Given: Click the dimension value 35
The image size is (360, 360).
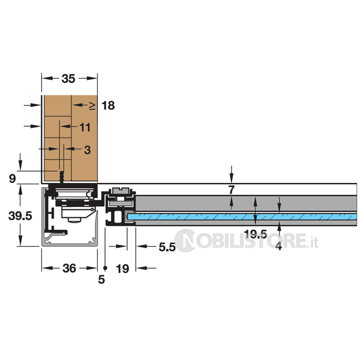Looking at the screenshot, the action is pyautogui.click(x=68, y=79).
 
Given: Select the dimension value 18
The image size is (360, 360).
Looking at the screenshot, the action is pyautogui.click(x=108, y=106).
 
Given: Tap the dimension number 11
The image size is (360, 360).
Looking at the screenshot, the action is pyautogui.click(x=85, y=127).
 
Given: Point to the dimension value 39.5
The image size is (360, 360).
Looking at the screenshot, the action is pyautogui.click(x=20, y=216).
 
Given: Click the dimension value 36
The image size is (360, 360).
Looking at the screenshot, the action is pyautogui.click(x=70, y=268).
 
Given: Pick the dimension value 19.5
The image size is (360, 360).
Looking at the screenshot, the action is pyautogui.click(x=256, y=234).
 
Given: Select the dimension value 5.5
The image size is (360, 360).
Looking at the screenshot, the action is pyautogui.click(x=167, y=247).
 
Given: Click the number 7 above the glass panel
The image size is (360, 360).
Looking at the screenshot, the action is pyautogui.click(x=232, y=190).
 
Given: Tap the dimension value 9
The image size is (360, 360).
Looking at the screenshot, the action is pyautogui.click(x=13, y=179).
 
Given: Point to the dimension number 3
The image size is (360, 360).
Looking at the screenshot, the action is pyautogui.click(x=87, y=150).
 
